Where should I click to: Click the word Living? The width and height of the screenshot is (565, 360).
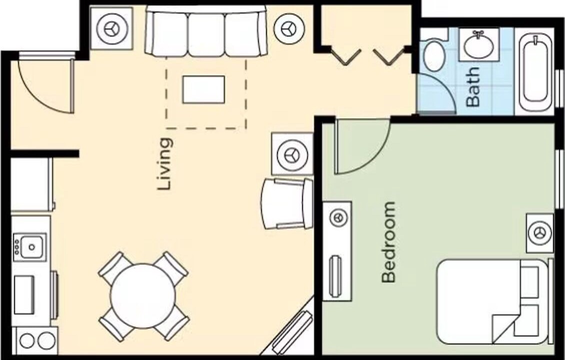tap(165, 164)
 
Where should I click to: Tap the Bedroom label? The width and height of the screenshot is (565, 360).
tap(388, 242)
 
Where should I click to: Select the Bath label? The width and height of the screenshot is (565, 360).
tap(473, 87)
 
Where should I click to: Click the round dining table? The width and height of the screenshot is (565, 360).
tap(143, 296)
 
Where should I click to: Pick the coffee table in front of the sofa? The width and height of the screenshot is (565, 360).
tap(203, 89)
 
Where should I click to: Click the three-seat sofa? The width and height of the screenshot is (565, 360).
tap(206, 31)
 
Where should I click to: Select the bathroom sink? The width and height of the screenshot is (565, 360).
tap(478, 44)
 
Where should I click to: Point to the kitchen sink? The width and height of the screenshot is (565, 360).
tap(30, 247)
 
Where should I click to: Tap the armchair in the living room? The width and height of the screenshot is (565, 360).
tap(287, 204)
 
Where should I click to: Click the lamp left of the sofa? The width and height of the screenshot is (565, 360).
tap(111, 29)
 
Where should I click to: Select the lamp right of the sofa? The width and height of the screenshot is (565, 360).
tap(289, 29)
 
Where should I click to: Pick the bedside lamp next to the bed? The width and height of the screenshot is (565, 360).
tap(539, 233)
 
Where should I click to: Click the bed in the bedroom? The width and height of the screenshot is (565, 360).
tap(493, 301)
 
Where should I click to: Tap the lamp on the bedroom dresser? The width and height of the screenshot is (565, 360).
tap(338, 217)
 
